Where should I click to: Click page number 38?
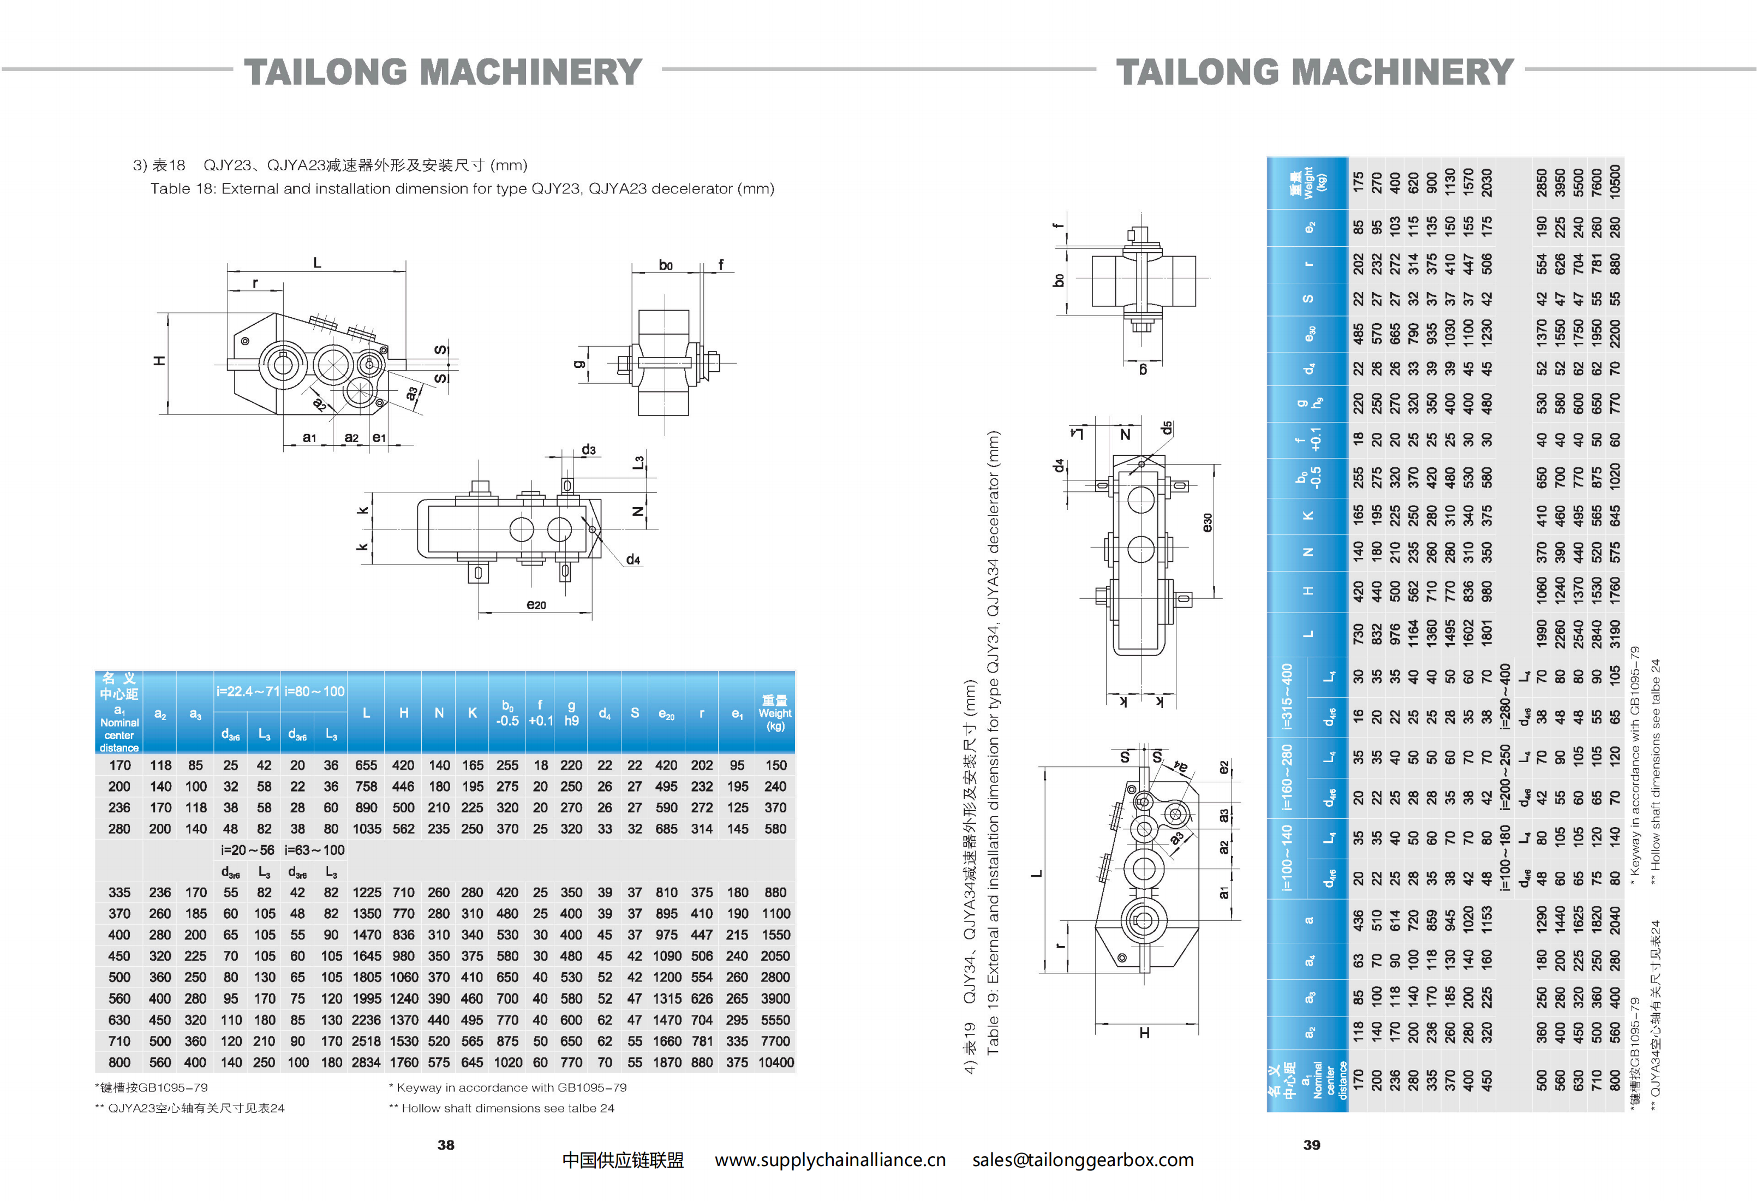tap(445, 1144)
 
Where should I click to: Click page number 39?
tap(1311, 1144)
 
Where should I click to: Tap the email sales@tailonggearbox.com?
tap(1083, 1160)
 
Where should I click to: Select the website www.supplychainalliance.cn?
tap(829, 1160)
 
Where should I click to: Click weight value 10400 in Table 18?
tap(775, 1062)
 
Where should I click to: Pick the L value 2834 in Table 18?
tap(366, 1062)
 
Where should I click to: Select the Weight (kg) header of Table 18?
tap(775, 713)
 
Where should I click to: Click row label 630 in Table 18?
tap(119, 1020)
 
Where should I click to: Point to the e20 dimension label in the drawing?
tap(536, 604)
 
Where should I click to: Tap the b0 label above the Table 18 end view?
tap(665, 265)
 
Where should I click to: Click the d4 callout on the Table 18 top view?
tap(633, 560)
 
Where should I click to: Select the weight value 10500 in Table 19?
tap(1615, 181)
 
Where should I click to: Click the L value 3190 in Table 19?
tap(1615, 634)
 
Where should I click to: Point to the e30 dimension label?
tap(1208, 522)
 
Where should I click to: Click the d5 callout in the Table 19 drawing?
tap(1167, 428)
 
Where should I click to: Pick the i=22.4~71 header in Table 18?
tap(248, 691)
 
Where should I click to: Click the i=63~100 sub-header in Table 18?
tap(314, 850)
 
